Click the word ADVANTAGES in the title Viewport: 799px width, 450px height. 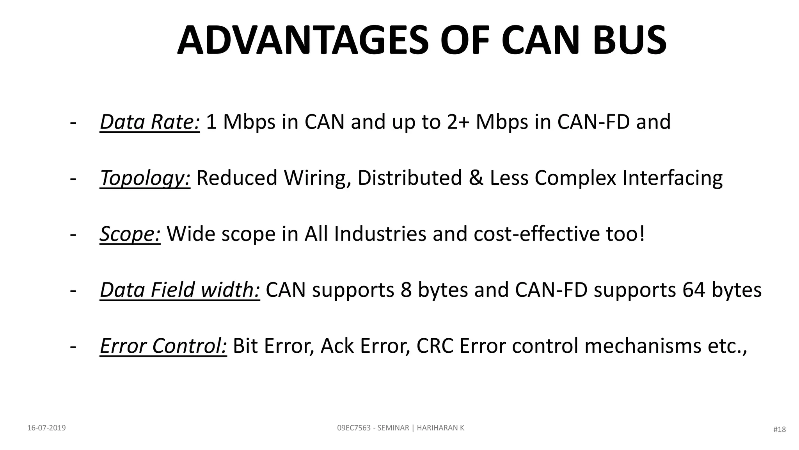tap(303, 41)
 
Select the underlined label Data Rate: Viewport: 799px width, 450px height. tap(150, 122)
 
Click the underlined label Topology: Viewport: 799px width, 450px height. tap(145, 178)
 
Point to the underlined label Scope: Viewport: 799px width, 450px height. tap(130, 234)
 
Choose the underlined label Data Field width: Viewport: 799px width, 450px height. tap(180, 290)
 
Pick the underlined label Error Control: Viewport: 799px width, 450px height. tap(163, 346)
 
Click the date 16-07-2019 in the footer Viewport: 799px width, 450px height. tap(46, 428)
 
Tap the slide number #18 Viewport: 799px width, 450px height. tap(779, 429)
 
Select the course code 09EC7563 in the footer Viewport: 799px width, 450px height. tap(354, 428)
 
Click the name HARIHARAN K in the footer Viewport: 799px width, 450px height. tap(440, 428)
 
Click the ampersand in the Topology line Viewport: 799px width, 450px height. tap(476, 178)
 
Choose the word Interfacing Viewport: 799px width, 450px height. tap(672, 178)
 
